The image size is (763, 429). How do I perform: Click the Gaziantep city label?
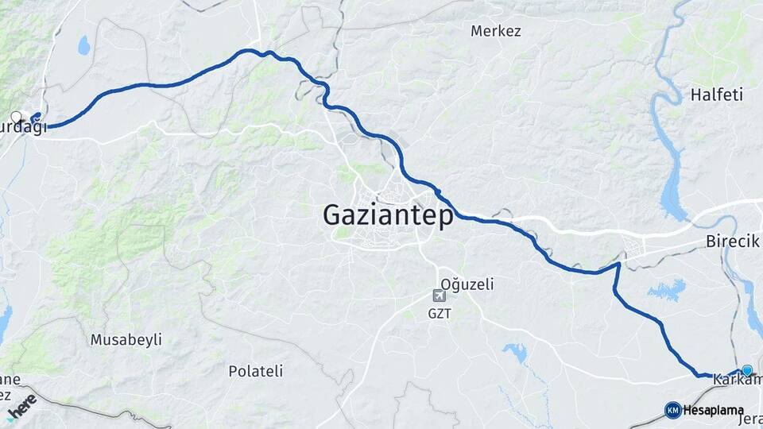click(388, 215)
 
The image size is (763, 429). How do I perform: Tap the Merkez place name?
click(495, 31)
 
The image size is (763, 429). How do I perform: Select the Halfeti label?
click(716, 95)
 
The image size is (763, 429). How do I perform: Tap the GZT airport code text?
click(440, 313)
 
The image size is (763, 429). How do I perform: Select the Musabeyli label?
click(126, 339)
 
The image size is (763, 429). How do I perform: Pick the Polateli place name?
click(255, 370)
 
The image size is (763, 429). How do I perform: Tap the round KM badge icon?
click(672, 410)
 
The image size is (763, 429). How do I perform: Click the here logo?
click(21, 404)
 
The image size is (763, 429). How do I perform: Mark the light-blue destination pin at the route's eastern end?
click(747, 369)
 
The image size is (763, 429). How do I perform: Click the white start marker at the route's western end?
click(16, 117)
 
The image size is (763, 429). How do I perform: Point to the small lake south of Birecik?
click(666, 290)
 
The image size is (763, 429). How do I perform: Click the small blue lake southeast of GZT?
click(515, 351)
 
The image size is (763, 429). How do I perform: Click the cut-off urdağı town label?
click(24, 128)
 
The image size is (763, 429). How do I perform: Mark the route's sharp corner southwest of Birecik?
click(618, 265)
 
